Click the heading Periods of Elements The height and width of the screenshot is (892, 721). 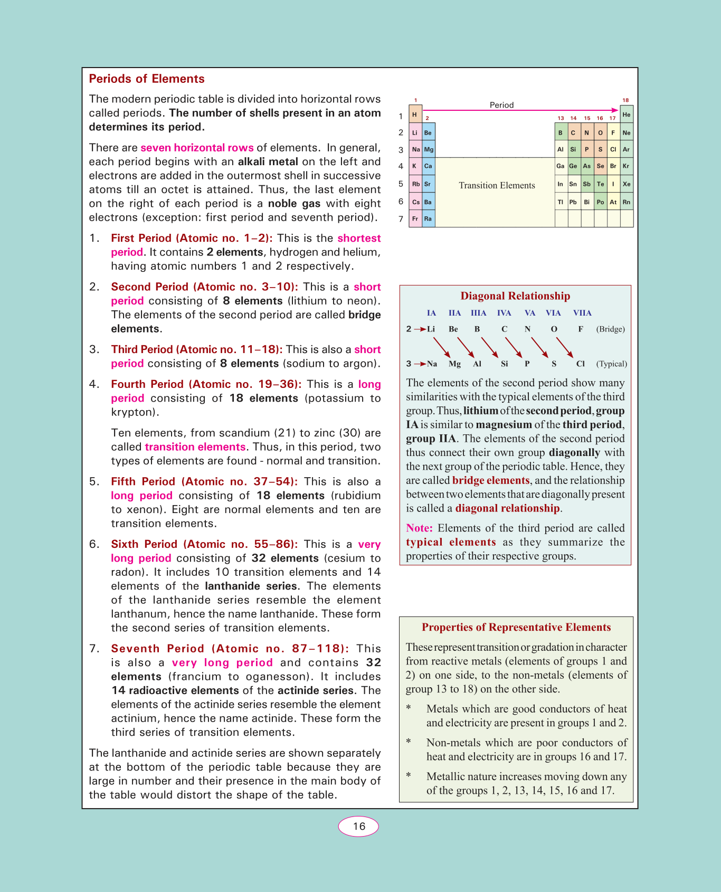(x=147, y=79)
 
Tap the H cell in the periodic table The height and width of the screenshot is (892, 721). (x=415, y=115)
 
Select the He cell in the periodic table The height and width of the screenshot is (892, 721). (x=627, y=115)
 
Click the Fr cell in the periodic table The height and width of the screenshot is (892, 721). (x=415, y=219)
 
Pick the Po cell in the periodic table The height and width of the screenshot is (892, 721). (x=600, y=202)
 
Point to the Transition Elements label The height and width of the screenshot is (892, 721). (x=497, y=185)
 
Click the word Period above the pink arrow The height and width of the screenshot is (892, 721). (x=501, y=105)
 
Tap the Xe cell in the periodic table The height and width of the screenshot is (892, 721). (x=627, y=184)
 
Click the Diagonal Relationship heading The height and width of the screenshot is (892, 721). (x=515, y=296)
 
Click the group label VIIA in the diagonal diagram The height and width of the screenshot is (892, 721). (x=582, y=313)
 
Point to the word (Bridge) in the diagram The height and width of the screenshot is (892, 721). (x=610, y=329)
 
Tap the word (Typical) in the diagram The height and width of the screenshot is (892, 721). (x=611, y=364)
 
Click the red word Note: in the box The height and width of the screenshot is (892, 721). (x=419, y=528)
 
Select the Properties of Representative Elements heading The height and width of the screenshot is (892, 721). (x=516, y=627)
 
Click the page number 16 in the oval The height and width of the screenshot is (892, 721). (x=359, y=827)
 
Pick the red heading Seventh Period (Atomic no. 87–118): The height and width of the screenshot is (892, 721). (x=230, y=649)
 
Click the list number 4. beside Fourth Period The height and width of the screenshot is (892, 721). (x=94, y=384)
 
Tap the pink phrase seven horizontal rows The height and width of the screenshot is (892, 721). (x=197, y=148)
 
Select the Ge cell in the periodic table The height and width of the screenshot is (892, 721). (x=573, y=166)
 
